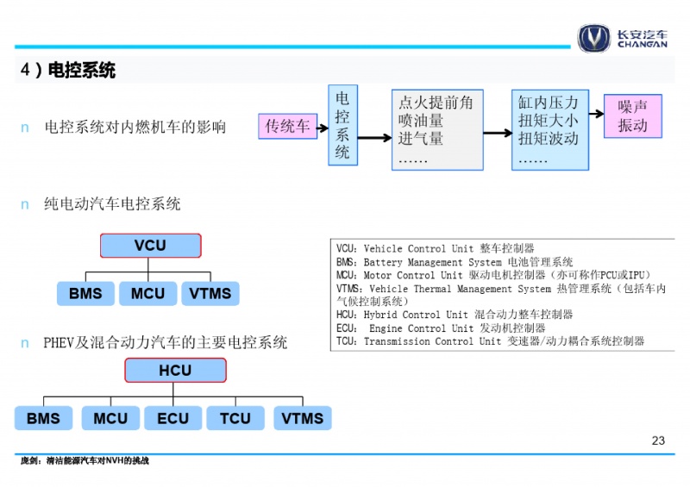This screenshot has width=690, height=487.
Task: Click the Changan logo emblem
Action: (593, 38)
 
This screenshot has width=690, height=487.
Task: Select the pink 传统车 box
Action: (288, 126)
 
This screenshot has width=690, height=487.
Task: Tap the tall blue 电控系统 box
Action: (342, 125)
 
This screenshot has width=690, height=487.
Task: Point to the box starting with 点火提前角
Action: (437, 130)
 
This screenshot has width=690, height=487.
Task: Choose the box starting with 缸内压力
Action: (550, 130)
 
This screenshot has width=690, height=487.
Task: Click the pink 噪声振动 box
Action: (633, 116)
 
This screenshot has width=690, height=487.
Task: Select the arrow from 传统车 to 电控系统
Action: (323, 128)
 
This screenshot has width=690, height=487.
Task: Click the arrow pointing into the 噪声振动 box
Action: (596, 114)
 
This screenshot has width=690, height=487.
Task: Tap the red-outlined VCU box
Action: (150, 246)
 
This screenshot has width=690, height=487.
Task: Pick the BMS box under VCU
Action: (85, 293)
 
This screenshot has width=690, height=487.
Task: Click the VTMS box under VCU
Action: (210, 293)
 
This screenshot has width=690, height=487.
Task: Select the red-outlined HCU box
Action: (175, 370)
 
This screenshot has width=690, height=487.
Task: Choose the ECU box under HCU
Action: (173, 418)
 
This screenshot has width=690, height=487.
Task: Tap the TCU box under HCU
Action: (235, 418)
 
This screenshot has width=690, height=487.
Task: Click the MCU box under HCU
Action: (110, 418)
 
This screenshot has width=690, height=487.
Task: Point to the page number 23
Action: (658, 440)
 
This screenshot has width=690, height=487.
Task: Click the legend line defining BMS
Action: (455, 262)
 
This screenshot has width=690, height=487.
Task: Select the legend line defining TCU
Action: (490, 341)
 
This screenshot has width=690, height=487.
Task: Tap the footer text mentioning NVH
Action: (85, 460)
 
